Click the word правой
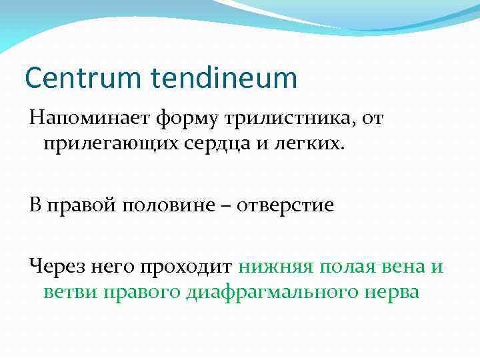click(x=82, y=205)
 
